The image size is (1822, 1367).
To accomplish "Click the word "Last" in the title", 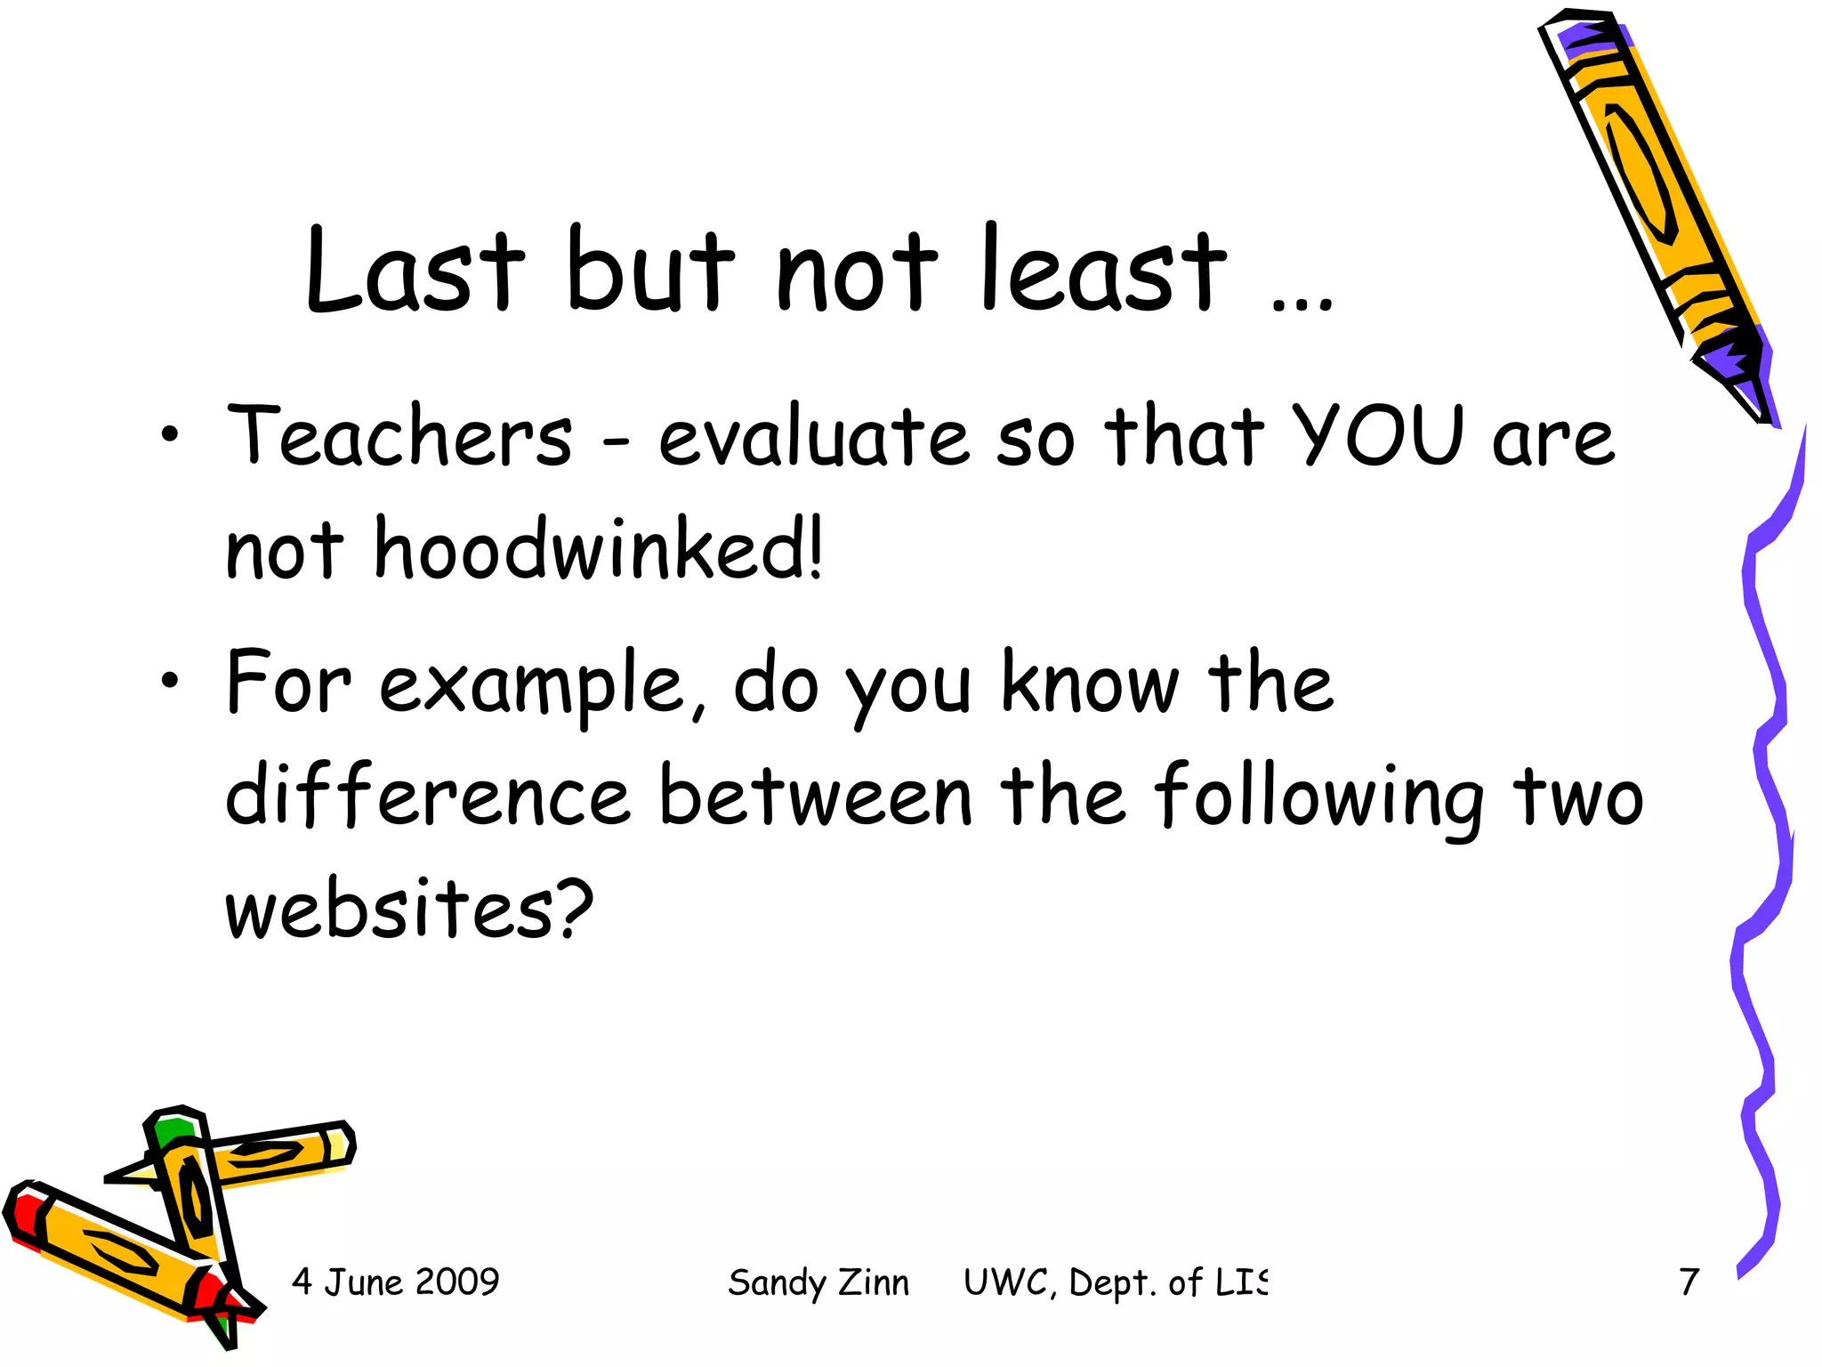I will (x=414, y=270).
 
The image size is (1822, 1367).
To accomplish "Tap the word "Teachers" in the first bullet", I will (x=399, y=436).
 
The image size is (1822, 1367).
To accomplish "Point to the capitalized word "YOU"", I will (x=1377, y=436).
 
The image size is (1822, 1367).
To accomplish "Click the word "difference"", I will (x=427, y=795).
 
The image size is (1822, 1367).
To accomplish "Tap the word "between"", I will (x=815, y=795).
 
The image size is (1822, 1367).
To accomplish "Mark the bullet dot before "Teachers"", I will (x=170, y=435).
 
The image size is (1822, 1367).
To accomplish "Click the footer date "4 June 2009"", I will (x=395, y=1282).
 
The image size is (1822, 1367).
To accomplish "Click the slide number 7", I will (x=1689, y=1282).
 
